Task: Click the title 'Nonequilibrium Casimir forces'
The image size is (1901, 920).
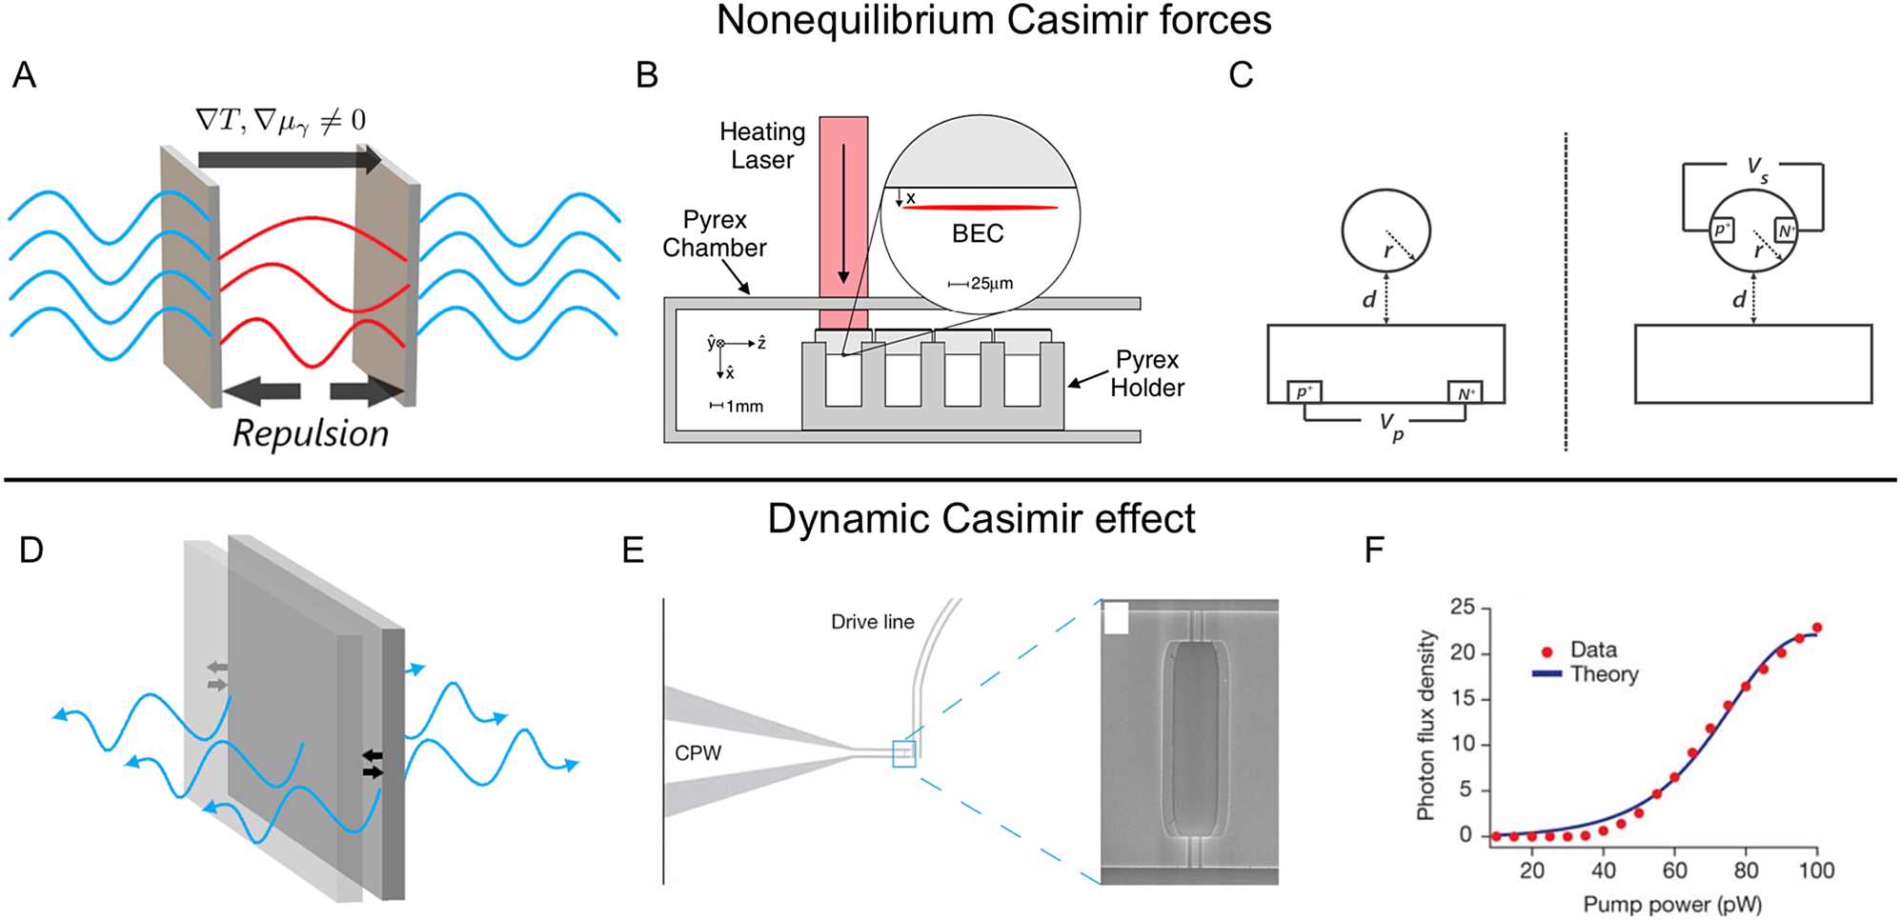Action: (x=993, y=21)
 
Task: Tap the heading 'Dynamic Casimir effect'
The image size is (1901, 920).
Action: (x=981, y=519)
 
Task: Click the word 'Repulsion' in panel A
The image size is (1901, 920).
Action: (x=311, y=434)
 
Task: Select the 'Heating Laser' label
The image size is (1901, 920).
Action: (x=761, y=146)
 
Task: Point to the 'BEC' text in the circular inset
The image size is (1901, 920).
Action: (x=978, y=234)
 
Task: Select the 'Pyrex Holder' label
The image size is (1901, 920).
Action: (x=1146, y=374)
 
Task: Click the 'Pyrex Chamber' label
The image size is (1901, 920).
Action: (x=715, y=234)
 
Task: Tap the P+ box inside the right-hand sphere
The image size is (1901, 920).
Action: (x=1722, y=230)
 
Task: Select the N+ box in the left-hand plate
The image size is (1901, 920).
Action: (x=1465, y=393)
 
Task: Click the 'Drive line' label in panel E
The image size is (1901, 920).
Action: (x=872, y=622)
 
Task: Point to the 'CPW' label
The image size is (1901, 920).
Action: (x=698, y=753)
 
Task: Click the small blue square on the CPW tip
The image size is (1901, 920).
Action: (x=903, y=754)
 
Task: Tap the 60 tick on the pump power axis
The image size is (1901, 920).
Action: (x=1674, y=870)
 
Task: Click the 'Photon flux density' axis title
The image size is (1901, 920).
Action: (x=1426, y=726)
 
